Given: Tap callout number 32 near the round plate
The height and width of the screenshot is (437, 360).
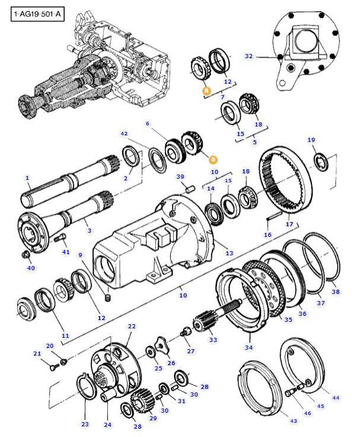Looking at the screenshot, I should (249, 56).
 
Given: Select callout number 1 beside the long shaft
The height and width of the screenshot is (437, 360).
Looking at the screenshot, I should (27, 178).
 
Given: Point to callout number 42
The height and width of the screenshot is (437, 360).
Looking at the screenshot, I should (124, 134).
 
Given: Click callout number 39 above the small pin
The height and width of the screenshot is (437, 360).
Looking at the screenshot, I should (180, 177).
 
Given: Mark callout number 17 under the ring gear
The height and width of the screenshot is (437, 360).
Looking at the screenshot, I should (289, 224).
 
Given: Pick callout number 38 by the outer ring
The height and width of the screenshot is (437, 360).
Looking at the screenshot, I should (336, 292).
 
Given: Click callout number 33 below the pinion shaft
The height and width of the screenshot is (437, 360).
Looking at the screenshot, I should (213, 340).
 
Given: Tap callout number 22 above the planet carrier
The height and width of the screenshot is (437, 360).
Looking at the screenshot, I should (132, 326).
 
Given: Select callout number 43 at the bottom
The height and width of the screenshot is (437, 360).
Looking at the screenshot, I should (293, 420).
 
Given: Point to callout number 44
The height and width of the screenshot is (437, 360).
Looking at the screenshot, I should (336, 397).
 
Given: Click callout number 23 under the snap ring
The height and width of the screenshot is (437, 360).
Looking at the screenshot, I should (85, 424).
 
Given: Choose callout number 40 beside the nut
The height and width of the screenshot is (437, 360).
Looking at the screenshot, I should (31, 268).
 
